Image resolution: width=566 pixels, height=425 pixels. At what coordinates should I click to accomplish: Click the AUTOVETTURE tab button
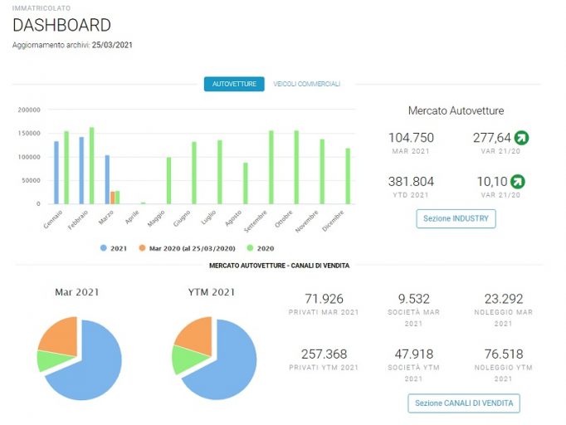pyautogui.click(x=234, y=84)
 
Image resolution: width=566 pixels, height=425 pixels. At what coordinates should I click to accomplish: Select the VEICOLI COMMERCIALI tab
pyautogui.click(x=306, y=84)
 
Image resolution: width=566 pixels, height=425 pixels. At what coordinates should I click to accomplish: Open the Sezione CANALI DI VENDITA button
pyautogui.click(x=464, y=403)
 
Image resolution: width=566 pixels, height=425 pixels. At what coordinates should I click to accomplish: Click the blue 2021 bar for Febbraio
pyautogui.click(x=81, y=170)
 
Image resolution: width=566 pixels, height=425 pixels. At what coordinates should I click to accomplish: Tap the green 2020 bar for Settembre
pyautogui.click(x=271, y=168)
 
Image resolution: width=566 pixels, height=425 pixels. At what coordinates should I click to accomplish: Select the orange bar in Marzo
pyautogui.click(x=113, y=198)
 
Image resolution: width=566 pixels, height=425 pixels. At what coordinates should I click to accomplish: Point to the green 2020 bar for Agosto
pyautogui.click(x=246, y=183)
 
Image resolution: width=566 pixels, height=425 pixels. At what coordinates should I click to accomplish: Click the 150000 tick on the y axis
pyautogui.click(x=29, y=134)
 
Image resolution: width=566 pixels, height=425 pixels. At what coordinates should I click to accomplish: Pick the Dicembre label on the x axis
pyautogui.click(x=333, y=221)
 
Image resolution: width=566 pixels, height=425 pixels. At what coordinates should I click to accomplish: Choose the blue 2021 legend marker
pyautogui.click(x=104, y=248)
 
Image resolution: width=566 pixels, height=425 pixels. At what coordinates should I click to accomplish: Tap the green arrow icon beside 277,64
pyautogui.click(x=522, y=138)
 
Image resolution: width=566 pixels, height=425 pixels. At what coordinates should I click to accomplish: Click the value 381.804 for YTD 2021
pyautogui.click(x=411, y=182)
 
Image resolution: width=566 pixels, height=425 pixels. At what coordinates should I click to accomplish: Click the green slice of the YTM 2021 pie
pyautogui.click(x=189, y=359)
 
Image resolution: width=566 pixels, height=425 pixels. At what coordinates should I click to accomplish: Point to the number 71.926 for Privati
pyautogui.click(x=324, y=299)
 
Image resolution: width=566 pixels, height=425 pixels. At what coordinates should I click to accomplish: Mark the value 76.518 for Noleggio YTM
pyautogui.click(x=504, y=354)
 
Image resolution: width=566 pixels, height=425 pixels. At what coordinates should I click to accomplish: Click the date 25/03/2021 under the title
pyautogui.click(x=112, y=45)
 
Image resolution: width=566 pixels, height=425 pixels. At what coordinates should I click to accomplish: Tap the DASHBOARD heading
pyautogui.click(x=61, y=25)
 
